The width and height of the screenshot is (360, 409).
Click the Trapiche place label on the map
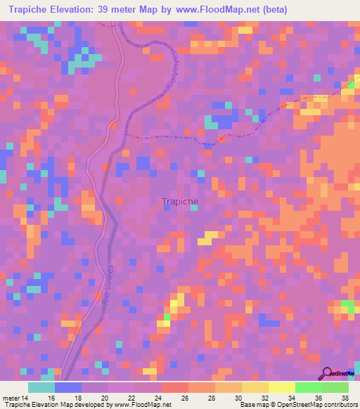click(x=180, y=201)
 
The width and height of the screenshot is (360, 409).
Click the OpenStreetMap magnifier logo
click(x=327, y=373)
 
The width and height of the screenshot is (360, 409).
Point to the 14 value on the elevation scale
click(x=27, y=397)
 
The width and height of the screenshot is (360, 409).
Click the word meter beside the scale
click(x=12, y=397)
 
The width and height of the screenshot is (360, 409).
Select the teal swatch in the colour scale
click(x=41, y=387)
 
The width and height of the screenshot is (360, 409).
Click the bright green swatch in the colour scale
click(x=308, y=387)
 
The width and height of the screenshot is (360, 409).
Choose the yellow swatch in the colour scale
click(x=281, y=387)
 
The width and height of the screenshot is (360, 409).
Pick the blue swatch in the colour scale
click(x=67, y=387)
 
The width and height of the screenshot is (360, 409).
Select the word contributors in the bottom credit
click(x=337, y=405)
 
